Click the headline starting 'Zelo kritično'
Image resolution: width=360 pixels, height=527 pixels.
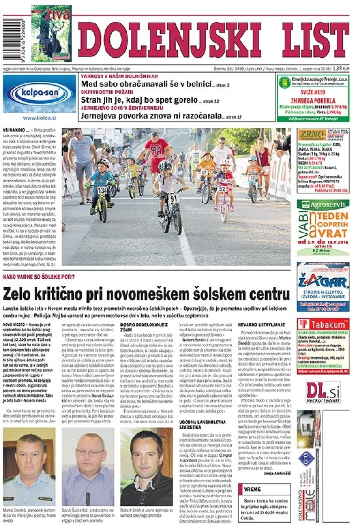point(146,294)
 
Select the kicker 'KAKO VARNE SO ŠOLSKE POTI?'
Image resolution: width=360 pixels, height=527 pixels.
point(39,277)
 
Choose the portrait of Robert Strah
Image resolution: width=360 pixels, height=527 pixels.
point(146,467)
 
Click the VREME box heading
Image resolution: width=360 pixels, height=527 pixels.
point(253,489)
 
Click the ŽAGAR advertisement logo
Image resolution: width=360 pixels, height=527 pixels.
point(322,282)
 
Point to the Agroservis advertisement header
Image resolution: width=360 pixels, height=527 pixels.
point(322,204)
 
